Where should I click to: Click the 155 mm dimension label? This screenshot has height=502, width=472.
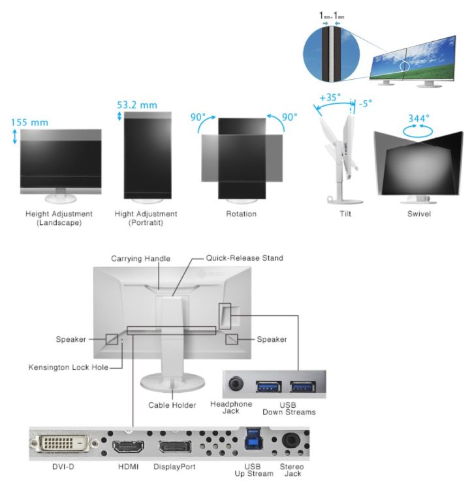tap(30, 122)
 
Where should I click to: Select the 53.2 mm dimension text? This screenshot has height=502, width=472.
tap(137, 104)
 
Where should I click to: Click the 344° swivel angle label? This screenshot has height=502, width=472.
tap(418, 118)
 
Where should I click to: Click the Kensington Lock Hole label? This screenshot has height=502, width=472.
tap(69, 367)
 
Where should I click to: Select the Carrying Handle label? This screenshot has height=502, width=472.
tap(140, 259)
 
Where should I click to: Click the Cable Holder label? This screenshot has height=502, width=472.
tap(172, 405)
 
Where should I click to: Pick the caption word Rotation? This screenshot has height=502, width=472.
tap(242, 214)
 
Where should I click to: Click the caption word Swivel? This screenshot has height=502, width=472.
tap(418, 214)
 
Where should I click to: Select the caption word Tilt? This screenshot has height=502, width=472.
tap(345, 214)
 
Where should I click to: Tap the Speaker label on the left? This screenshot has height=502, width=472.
tap(71, 339)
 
